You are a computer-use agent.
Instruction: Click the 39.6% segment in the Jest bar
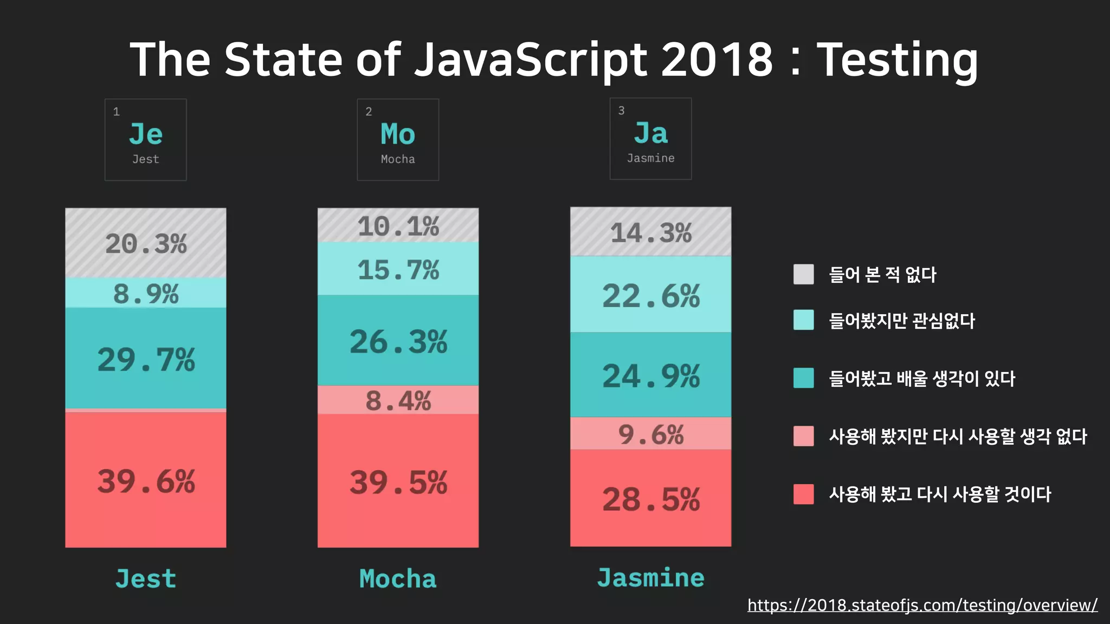tap(146, 480)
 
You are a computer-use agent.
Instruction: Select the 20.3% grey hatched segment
tap(146, 243)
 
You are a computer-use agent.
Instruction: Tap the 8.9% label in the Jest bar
tap(146, 294)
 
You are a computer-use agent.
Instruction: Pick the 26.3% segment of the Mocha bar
tap(398, 341)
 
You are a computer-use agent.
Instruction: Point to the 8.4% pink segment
tap(398, 401)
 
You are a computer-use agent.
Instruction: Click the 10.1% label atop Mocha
tap(398, 226)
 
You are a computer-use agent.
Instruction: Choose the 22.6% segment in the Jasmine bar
tap(651, 296)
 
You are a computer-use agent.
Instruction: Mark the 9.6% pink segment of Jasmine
tap(651, 434)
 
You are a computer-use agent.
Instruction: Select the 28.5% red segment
tap(651, 498)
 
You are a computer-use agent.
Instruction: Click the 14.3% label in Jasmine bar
tap(651, 233)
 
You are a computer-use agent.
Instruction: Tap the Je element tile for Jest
tap(146, 140)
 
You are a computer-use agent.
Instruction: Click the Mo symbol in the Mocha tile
tap(398, 134)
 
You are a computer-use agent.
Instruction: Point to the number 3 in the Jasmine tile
tap(622, 110)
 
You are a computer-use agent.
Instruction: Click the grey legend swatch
tap(803, 274)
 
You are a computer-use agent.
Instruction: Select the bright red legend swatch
tap(803, 494)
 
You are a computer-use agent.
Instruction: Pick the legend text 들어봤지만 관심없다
tap(902, 321)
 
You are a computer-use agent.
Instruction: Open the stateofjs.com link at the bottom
tap(922, 605)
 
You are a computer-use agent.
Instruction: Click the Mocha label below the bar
tap(398, 578)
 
